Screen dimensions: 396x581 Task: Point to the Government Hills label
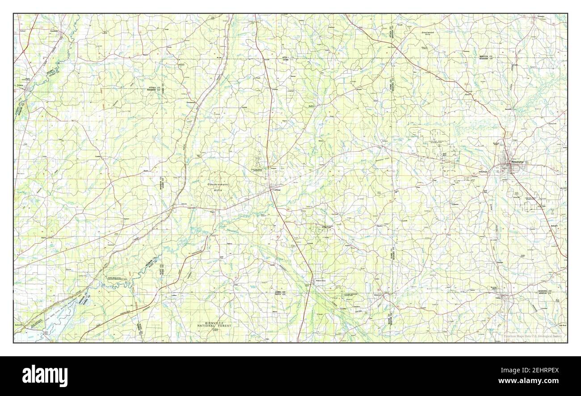(218, 187)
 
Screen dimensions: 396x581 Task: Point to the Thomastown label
(191, 102)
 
